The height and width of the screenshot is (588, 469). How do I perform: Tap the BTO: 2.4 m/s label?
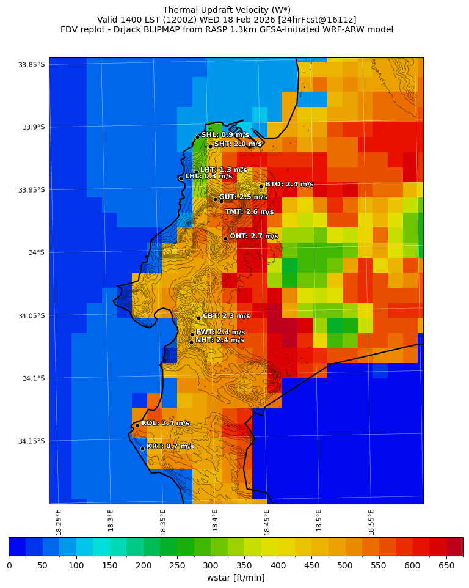pyautogui.click(x=289, y=184)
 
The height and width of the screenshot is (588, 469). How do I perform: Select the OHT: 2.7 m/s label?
pyautogui.click(x=253, y=236)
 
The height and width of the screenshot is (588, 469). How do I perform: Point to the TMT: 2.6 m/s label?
pyautogui.click(x=249, y=212)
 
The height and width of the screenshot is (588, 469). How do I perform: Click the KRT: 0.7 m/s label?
pyautogui.click(x=170, y=446)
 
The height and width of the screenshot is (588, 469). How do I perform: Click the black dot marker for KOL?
pyautogui.click(x=137, y=425)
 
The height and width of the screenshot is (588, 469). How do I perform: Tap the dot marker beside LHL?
pyautogui.click(x=181, y=178)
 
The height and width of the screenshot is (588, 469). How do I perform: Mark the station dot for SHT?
pyautogui.click(x=210, y=146)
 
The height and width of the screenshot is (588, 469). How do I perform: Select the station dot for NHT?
pyautogui.click(x=191, y=342)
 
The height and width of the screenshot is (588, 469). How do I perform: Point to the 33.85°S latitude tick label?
pyautogui.click(x=32, y=65)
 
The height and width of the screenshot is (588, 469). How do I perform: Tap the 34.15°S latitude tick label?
pyautogui.click(x=32, y=441)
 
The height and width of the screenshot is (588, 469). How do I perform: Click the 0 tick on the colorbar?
pyautogui.click(x=9, y=565)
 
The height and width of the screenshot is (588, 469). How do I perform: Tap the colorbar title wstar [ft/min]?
pyautogui.click(x=236, y=578)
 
